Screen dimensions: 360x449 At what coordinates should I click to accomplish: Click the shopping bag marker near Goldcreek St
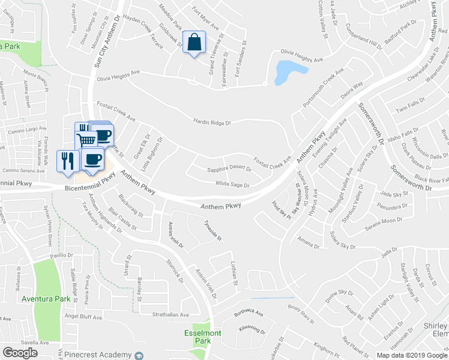point(194,43)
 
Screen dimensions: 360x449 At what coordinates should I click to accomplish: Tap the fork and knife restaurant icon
point(67,161)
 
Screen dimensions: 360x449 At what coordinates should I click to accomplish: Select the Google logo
point(20,353)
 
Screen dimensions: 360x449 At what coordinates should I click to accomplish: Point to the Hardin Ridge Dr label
point(212,122)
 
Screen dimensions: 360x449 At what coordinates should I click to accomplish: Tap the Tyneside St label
point(211,230)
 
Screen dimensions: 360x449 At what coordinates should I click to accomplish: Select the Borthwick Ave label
point(249,313)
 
